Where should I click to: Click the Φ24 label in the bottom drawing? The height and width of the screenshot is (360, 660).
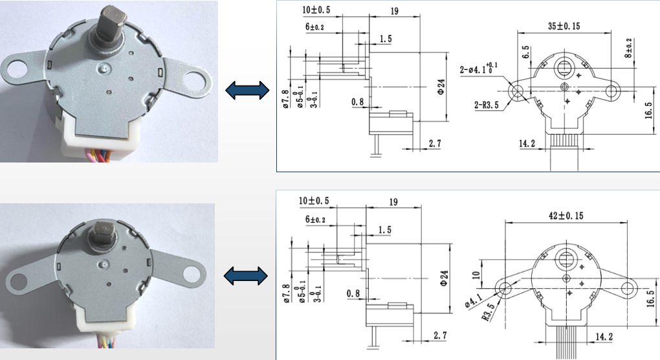tap(444, 278)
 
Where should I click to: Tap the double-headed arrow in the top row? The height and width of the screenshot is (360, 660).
tap(247, 91)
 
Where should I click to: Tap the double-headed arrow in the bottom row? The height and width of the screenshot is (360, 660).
tap(247, 276)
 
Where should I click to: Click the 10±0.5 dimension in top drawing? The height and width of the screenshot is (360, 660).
tap(316, 10)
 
